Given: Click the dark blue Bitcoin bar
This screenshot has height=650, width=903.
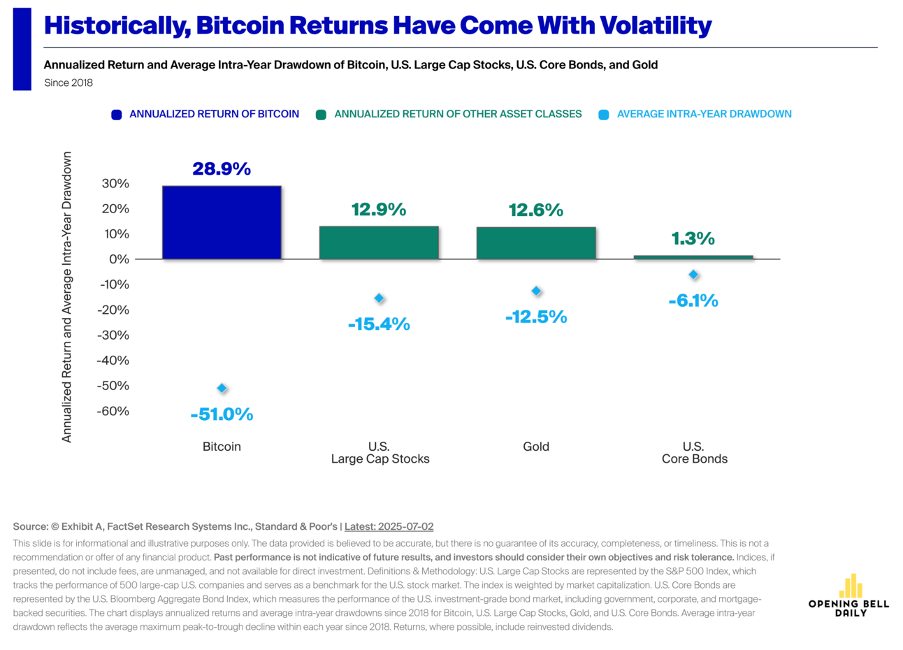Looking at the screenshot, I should click(x=222, y=222).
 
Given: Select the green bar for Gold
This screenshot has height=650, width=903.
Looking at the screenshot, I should click(x=536, y=243).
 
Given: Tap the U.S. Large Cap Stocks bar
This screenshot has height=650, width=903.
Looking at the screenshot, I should click(x=379, y=243).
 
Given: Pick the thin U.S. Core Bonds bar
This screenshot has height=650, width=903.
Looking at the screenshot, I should click(x=693, y=257).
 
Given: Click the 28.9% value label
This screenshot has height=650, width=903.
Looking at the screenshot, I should click(x=222, y=169).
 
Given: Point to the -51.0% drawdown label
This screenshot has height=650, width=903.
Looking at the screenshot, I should click(x=222, y=414).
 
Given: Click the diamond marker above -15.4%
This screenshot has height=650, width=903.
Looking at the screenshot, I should click(x=379, y=298).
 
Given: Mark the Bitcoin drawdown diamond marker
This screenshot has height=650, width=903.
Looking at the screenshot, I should click(x=222, y=389).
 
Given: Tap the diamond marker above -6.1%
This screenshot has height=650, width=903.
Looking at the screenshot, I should click(x=693, y=275).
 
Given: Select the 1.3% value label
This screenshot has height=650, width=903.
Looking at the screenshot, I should click(x=693, y=239).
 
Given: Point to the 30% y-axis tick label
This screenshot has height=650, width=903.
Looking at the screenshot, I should click(x=115, y=184).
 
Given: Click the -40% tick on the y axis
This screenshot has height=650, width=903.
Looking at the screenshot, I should click(x=114, y=361).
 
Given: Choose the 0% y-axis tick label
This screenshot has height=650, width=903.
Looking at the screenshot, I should click(x=120, y=259).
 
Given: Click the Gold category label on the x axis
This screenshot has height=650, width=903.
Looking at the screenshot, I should click(x=536, y=447).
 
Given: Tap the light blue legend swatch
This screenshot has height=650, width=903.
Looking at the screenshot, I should click(x=604, y=115).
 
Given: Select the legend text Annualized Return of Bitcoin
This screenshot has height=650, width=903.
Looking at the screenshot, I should click(x=214, y=114).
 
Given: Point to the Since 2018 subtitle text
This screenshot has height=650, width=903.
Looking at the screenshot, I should click(x=68, y=82).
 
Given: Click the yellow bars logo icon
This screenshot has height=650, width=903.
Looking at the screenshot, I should click(x=850, y=586).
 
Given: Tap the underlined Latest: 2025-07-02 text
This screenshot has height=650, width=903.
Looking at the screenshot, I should click(x=389, y=526).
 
